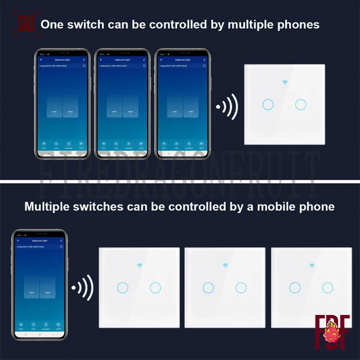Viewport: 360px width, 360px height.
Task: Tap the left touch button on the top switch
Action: pos(267,105)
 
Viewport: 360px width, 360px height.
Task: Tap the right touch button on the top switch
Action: pos(301,105)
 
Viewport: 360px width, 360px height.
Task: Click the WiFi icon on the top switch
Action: pos(284,82)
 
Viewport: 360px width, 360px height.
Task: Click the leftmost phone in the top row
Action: pos(63,103)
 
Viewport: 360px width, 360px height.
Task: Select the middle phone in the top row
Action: pos(122,103)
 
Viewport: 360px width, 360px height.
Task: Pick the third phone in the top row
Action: pos(182,103)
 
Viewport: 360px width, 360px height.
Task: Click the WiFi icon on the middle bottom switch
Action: pos(225,265)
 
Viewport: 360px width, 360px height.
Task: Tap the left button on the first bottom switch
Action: pos(122,287)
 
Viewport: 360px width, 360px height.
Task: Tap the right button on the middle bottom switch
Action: pos(241,287)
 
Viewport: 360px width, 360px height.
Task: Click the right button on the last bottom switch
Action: pos(328,287)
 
